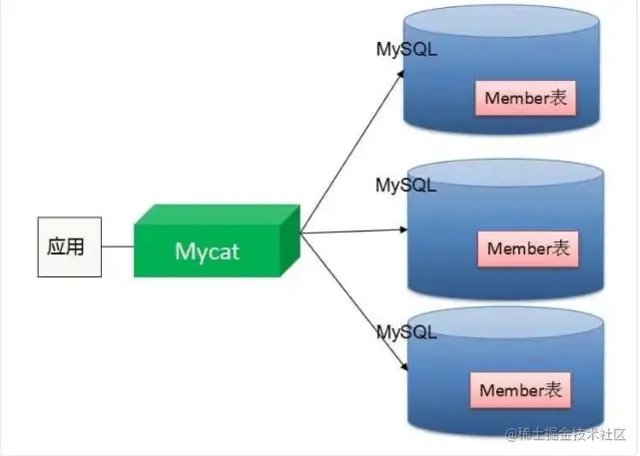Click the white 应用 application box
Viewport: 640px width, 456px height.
coord(69,246)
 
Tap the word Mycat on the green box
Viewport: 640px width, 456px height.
coord(207,251)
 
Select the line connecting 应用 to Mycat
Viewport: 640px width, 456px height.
coord(118,246)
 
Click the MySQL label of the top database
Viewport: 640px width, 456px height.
coord(406,49)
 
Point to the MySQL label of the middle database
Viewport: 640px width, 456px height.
coord(405,186)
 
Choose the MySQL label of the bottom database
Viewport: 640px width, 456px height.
coord(406,332)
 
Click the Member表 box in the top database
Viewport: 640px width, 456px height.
coord(526,98)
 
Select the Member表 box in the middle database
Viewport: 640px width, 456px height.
coord(528,248)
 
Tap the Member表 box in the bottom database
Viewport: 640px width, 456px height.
coord(520,390)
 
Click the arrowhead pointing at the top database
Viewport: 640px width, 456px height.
coord(401,74)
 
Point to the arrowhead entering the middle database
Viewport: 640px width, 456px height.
coord(403,229)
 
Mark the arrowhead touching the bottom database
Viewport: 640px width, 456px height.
coord(404,366)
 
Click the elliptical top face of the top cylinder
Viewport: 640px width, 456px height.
coord(501,20)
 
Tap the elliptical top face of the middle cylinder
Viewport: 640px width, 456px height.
coord(505,173)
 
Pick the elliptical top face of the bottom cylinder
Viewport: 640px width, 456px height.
coord(505,322)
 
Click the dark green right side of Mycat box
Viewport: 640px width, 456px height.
coord(291,240)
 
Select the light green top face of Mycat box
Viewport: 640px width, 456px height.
coord(217,215)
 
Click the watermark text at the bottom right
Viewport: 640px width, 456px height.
coord(566,434)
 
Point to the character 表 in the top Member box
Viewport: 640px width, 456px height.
coord(557,98)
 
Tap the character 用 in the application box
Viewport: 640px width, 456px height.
coord(76,246)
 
